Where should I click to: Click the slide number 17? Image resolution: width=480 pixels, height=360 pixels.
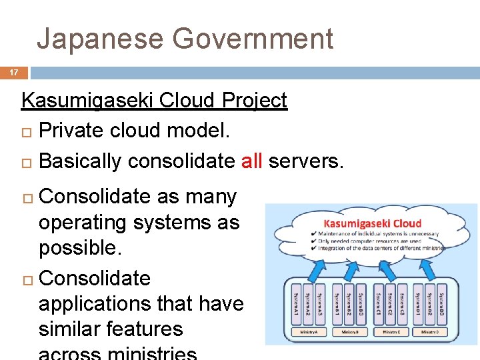(13, 73)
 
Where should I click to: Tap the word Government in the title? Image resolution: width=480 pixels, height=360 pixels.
(253, 39)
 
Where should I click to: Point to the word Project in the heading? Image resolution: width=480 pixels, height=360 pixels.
(255, 101)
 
